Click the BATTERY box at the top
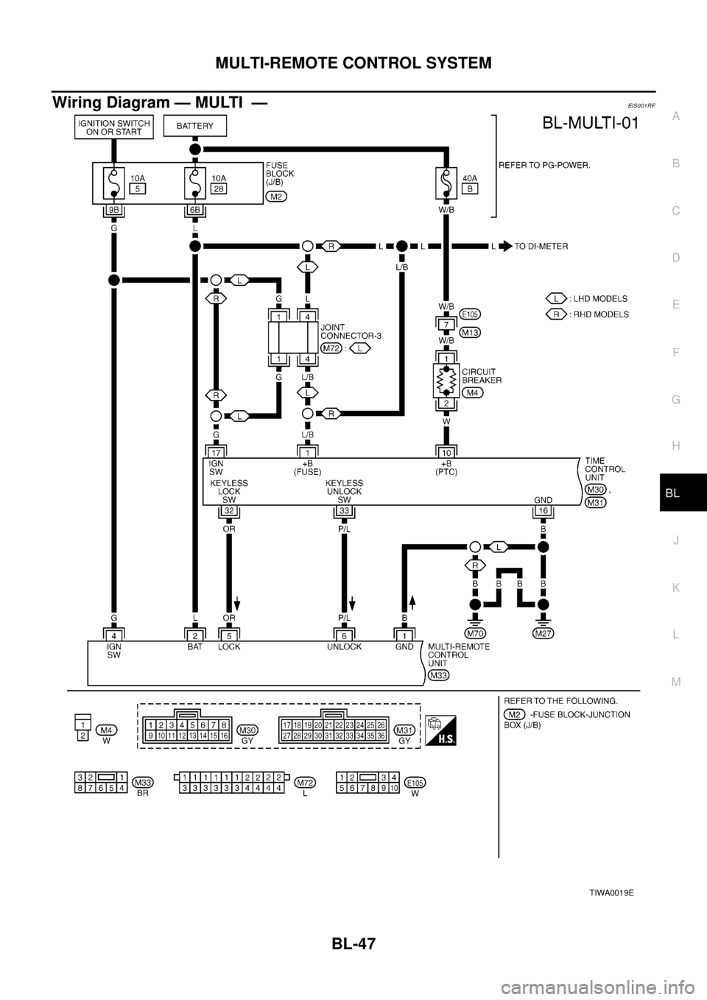point(194,126)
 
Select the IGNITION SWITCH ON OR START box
point(113,126)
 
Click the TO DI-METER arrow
point(506,247)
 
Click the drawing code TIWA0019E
point(611,892)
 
